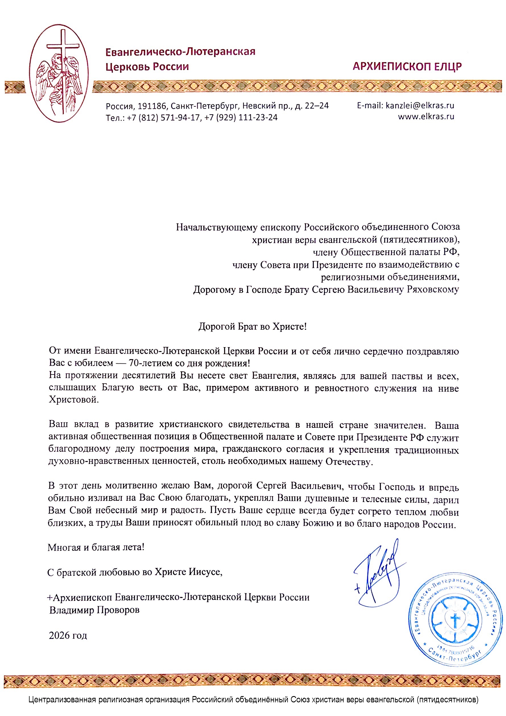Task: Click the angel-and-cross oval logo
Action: (x=59, y=74)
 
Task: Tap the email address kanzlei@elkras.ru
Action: (x=420, y=105)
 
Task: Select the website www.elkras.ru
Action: (x=426, y=117)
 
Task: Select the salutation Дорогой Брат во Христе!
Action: (x=253, y=326)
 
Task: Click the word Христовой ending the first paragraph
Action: (x=74, y=400)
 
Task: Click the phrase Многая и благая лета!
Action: (x=96, y=547)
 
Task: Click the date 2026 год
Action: (x=68, y=635)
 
